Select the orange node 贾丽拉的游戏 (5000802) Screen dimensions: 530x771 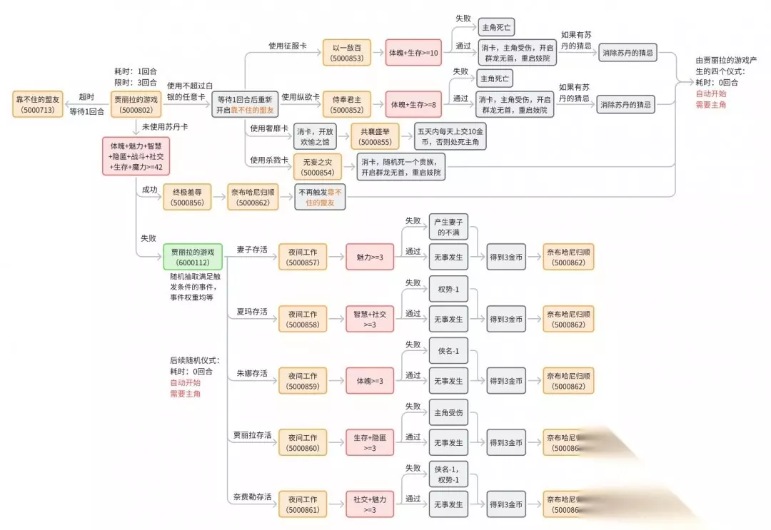(135, 103)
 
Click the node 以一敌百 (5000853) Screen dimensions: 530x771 (347, 53)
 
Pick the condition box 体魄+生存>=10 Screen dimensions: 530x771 (414, 53)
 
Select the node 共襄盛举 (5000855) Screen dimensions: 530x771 (375, 136)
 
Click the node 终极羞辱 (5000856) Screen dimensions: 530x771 (188, 197)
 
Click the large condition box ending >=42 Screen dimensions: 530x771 (136, 156)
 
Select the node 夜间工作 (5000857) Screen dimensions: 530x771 (303, 257)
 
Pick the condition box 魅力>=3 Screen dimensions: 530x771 (370, 257)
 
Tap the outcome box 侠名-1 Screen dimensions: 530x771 (448, 352)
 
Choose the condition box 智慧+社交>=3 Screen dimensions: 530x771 (370, 319)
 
